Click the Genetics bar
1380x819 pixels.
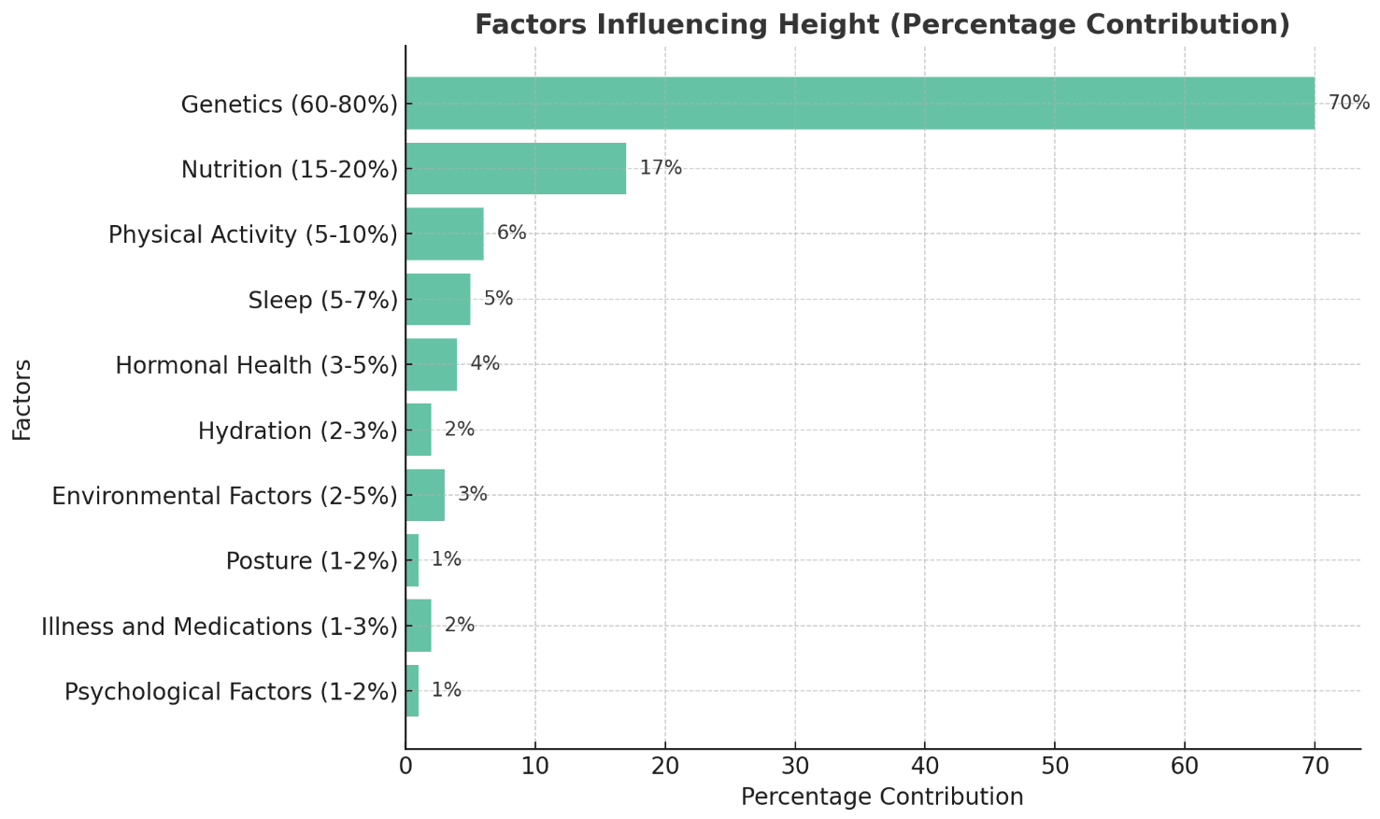tap(860, 103)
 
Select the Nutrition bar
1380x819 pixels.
tap(516, 168)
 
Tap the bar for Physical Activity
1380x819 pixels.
tap(445, 233)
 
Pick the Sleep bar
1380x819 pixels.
tap(438, 299)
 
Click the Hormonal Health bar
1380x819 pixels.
tap(432, 364)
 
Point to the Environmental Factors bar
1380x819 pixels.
tap(425, 495)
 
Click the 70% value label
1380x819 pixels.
tap(1348, 103)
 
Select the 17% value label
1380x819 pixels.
tap(661, 168)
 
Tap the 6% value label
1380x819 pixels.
tap(511, 233)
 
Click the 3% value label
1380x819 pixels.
tap(472, 495)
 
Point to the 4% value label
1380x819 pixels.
tap(485, 364)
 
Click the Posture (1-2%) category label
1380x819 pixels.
tap(312, 561)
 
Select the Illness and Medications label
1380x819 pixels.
tap(220, 627)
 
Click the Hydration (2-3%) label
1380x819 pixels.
tap(298, 431)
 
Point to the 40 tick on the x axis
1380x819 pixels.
tap(925, 767)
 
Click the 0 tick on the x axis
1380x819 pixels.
tap(405, 767)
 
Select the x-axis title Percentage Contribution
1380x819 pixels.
tap(882, 798)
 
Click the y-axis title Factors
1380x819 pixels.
tap(22, 400)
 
